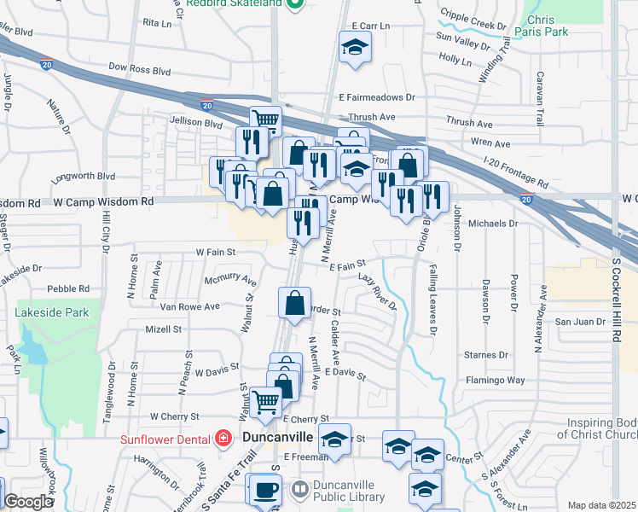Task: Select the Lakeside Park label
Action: (x=52, y=313)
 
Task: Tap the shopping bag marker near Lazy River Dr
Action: (x=294, y=303)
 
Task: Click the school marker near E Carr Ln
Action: (x=355, y=47)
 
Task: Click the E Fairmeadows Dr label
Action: (x=375, y=97)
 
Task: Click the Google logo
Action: (x=28, y=502)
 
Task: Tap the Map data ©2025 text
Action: (x=601, y=505)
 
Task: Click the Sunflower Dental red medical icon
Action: (x=223, y=439)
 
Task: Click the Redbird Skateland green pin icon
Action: (x=294, y=4)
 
